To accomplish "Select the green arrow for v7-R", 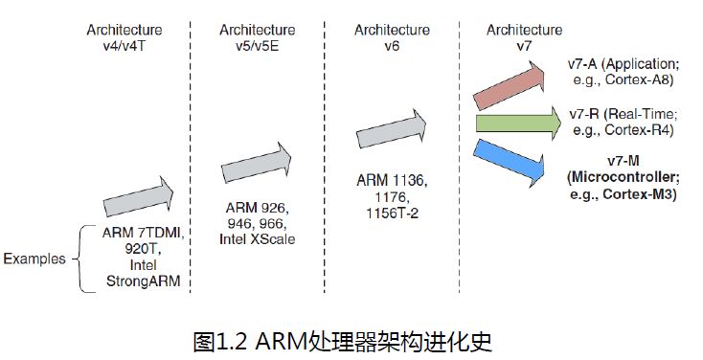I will [517, 123].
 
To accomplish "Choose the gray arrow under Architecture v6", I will [391, 127].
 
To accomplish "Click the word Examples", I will [34, 259].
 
